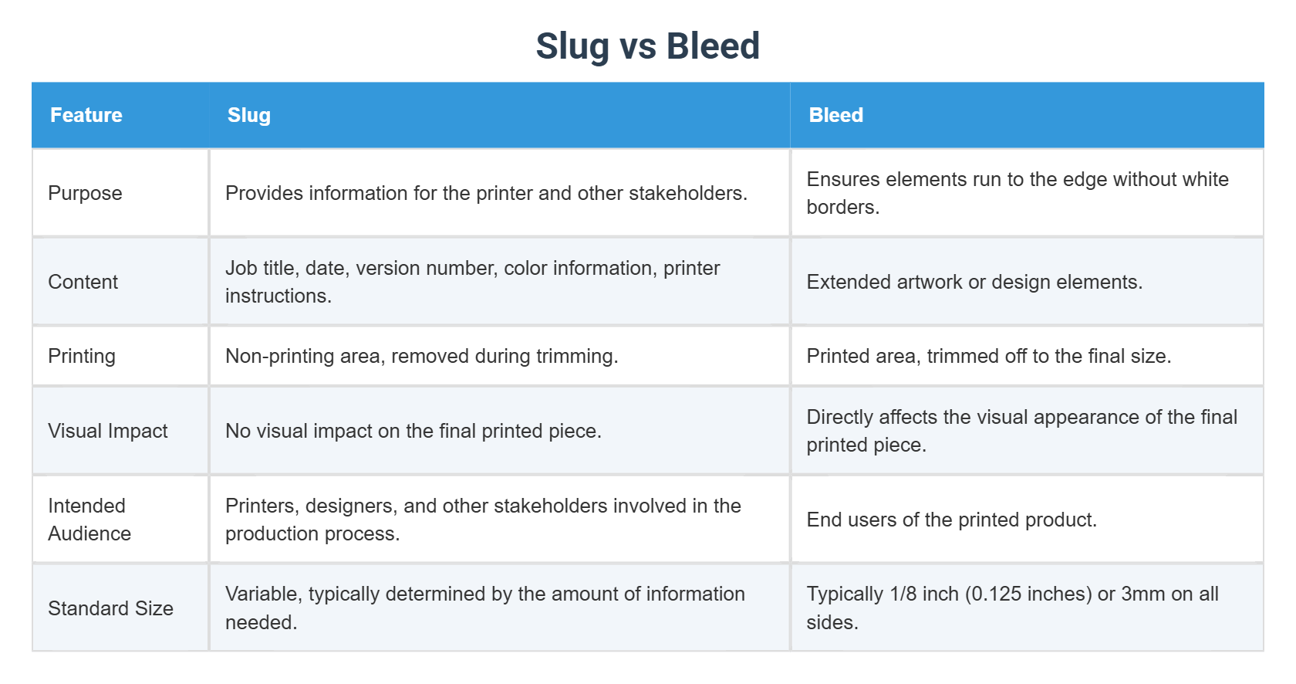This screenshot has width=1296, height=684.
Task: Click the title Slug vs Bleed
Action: point(647,46)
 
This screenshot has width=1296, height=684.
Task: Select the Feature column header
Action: point(86,115)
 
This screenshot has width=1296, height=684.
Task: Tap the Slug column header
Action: point(248,115)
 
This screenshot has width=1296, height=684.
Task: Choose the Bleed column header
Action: point(835,115)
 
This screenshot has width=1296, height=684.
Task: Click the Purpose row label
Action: point(85,193)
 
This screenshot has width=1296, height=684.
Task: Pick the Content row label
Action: point(83,282)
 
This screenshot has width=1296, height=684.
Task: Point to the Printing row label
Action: point(82,356)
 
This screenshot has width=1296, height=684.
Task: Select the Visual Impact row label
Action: point(107,431)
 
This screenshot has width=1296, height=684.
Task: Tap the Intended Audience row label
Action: point(89,520)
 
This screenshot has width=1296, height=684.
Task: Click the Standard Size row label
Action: point(110,608)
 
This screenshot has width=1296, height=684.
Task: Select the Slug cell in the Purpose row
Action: point(486,193)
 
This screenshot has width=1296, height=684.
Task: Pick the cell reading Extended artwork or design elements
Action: point(974,282)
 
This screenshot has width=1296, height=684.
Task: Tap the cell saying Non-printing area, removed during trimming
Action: point(421,356)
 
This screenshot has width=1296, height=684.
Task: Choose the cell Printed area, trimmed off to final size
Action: point(988,356)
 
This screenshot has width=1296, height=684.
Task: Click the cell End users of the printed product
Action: point(951,520)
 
